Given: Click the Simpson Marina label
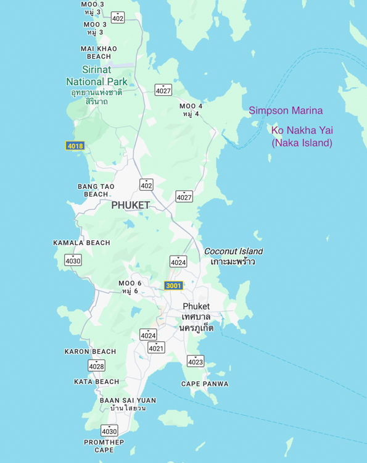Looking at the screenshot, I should [x=286, y=111].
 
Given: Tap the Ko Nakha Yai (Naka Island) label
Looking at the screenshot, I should [x=302, y=137].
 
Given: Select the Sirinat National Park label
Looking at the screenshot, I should [x=97, y=76].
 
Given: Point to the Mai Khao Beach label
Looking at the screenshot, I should [x=99, y=52].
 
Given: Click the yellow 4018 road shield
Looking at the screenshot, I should [x=75, y=146].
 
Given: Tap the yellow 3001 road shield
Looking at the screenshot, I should [x=174, y=285].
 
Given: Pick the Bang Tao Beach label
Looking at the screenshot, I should [x=96, y=190].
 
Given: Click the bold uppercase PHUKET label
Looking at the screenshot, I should [x=130, y=206].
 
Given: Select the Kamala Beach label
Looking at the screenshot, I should [x=81, y=243].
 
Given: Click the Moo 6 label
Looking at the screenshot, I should [x=130, y=287].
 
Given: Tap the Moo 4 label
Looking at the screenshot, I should [x=191, y=110].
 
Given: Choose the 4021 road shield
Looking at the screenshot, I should [x=156, y=348].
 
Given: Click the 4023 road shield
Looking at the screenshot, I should [x=196, y=361].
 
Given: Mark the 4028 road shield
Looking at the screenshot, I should [x=96, y=365].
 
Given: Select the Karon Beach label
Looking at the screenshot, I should [x=90, y=352].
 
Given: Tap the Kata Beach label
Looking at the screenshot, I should [x=96, y=382].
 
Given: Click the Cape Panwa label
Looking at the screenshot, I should [x=205, y=384].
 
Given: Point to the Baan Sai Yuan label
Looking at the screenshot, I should [x=128, y=404].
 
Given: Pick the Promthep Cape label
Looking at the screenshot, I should [x=104, y=446].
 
